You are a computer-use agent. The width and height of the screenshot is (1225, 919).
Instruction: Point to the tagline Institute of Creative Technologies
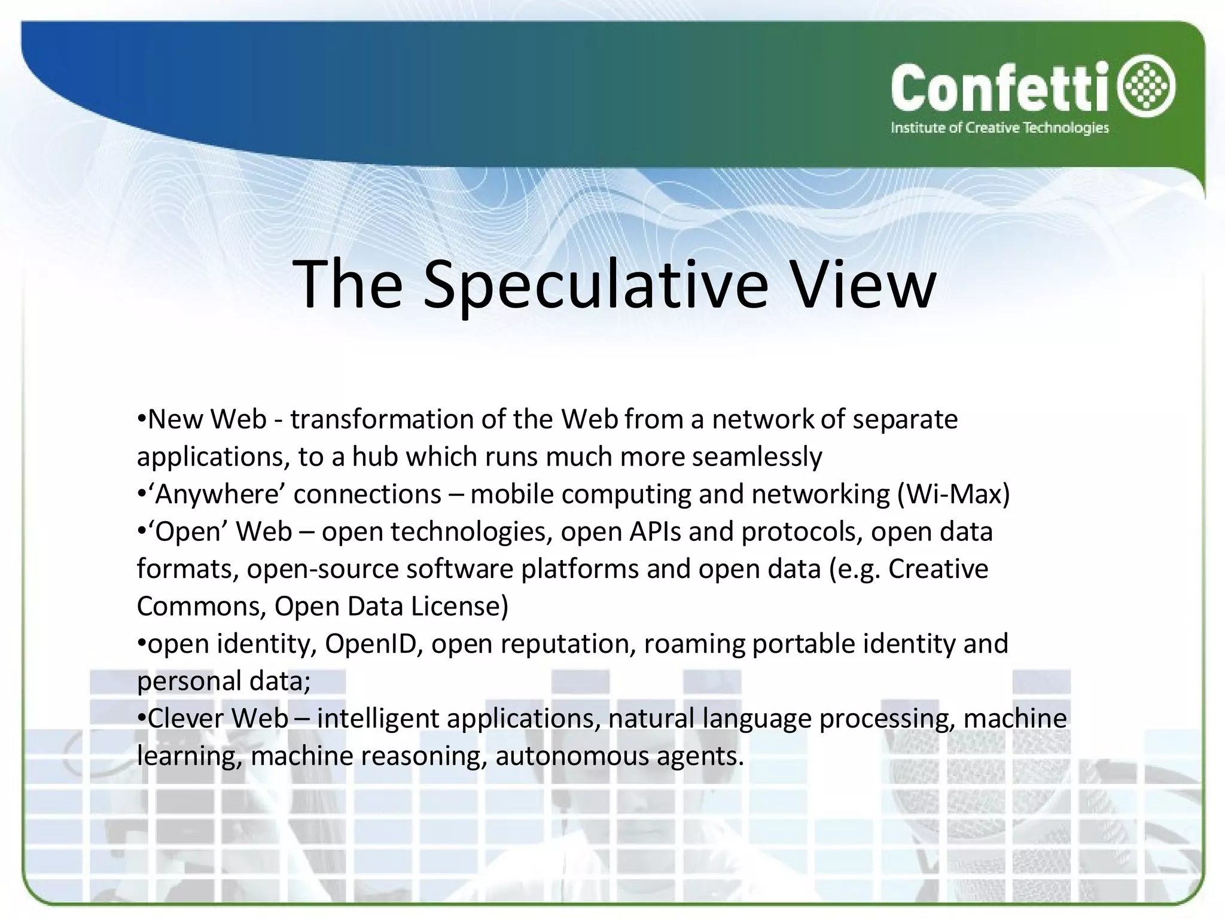pyautogui.click(x=999, y=127)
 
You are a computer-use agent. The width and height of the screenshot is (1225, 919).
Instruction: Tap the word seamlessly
pyautogui.click(x=757, y=457)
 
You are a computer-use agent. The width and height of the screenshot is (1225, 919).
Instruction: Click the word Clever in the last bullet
pyautogui.click(x=186, y=719)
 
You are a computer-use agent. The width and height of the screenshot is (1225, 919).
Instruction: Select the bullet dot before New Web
pyautogui.click(x=142, y=418)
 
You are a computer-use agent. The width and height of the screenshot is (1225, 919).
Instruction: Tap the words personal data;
pyautogui.click(x=224, y=681)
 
